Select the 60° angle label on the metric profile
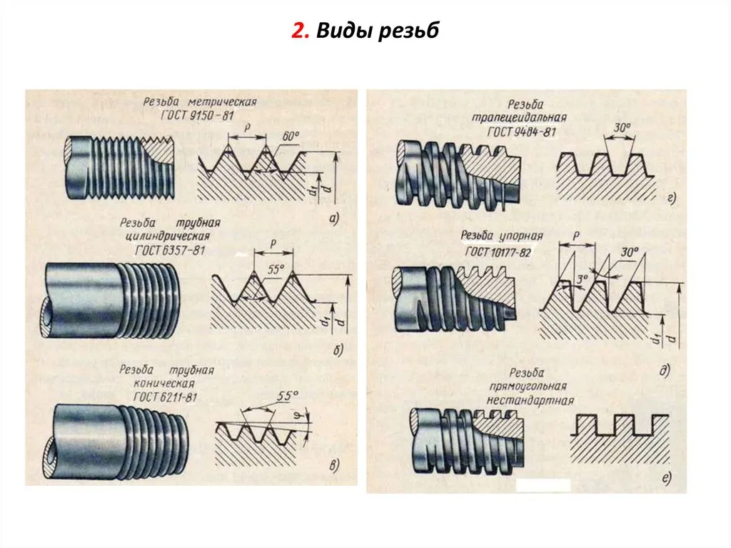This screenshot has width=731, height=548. point(291,136)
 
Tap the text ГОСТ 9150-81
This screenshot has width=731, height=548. point(197,115)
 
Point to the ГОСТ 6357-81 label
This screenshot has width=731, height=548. point(170,251)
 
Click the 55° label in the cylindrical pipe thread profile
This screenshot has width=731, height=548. point(276,270)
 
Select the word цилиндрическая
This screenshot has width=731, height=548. point(168,236)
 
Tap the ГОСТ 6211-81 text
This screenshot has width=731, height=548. point(166,397)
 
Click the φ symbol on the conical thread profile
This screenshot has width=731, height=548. point(301,415)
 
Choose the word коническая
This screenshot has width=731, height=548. point(164,383)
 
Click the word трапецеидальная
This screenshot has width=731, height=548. point(520,117)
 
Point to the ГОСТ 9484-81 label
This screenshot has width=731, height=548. point(522,132)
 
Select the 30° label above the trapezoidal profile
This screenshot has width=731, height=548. point(622,127)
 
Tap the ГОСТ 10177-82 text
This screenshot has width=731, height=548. point(498,252)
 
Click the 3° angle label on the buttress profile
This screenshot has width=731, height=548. point(583,279)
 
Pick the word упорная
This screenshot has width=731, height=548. point(521,236)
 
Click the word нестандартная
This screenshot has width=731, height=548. point(530,401)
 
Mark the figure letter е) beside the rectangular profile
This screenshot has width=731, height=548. point(666,477)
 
